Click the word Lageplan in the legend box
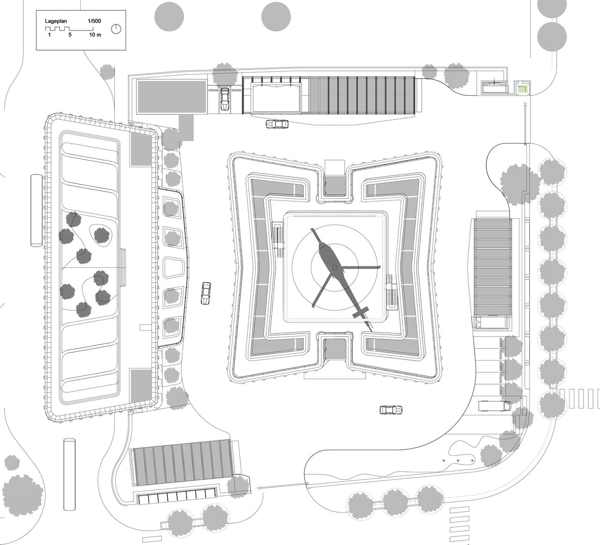tap(55, 21)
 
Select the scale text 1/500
tap(94, 21)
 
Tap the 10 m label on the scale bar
tap(95, 35)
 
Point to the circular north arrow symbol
tap(116, 29)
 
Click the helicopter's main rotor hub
tap(335, 267)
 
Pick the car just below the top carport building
tap(277, 124)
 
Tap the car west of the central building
tap(206, 294)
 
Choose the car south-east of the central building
tap(392, 410)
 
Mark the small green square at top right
tap(521, 88)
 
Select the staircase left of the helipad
tap(278, 235)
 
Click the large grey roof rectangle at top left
tap(171, 97)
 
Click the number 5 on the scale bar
tap(69, 35)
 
